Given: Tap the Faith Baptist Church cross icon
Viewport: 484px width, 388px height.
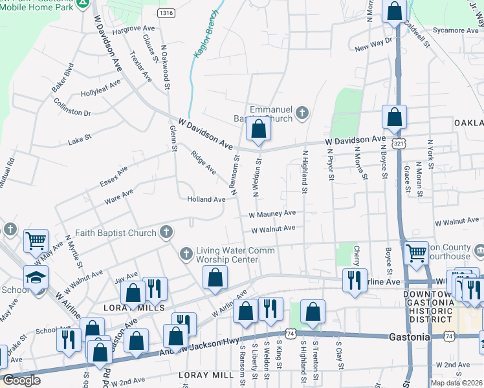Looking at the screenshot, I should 166,232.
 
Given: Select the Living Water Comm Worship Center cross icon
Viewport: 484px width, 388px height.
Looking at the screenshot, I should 186,252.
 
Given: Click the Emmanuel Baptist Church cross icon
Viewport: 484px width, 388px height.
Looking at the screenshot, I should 301,114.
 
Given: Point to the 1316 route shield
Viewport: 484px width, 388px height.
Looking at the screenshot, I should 166,12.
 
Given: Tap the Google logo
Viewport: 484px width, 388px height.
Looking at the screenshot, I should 22,380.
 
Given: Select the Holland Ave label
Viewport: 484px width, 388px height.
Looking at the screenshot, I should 206,199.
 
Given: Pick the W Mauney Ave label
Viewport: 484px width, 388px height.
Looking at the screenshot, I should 272,213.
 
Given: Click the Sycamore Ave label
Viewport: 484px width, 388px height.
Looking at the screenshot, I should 456,30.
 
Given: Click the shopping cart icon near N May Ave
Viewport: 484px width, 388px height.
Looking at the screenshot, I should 36,241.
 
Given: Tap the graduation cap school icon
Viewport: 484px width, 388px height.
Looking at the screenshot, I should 36,277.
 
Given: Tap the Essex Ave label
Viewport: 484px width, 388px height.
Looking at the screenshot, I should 114,175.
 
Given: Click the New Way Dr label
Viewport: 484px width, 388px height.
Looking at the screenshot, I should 374,45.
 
